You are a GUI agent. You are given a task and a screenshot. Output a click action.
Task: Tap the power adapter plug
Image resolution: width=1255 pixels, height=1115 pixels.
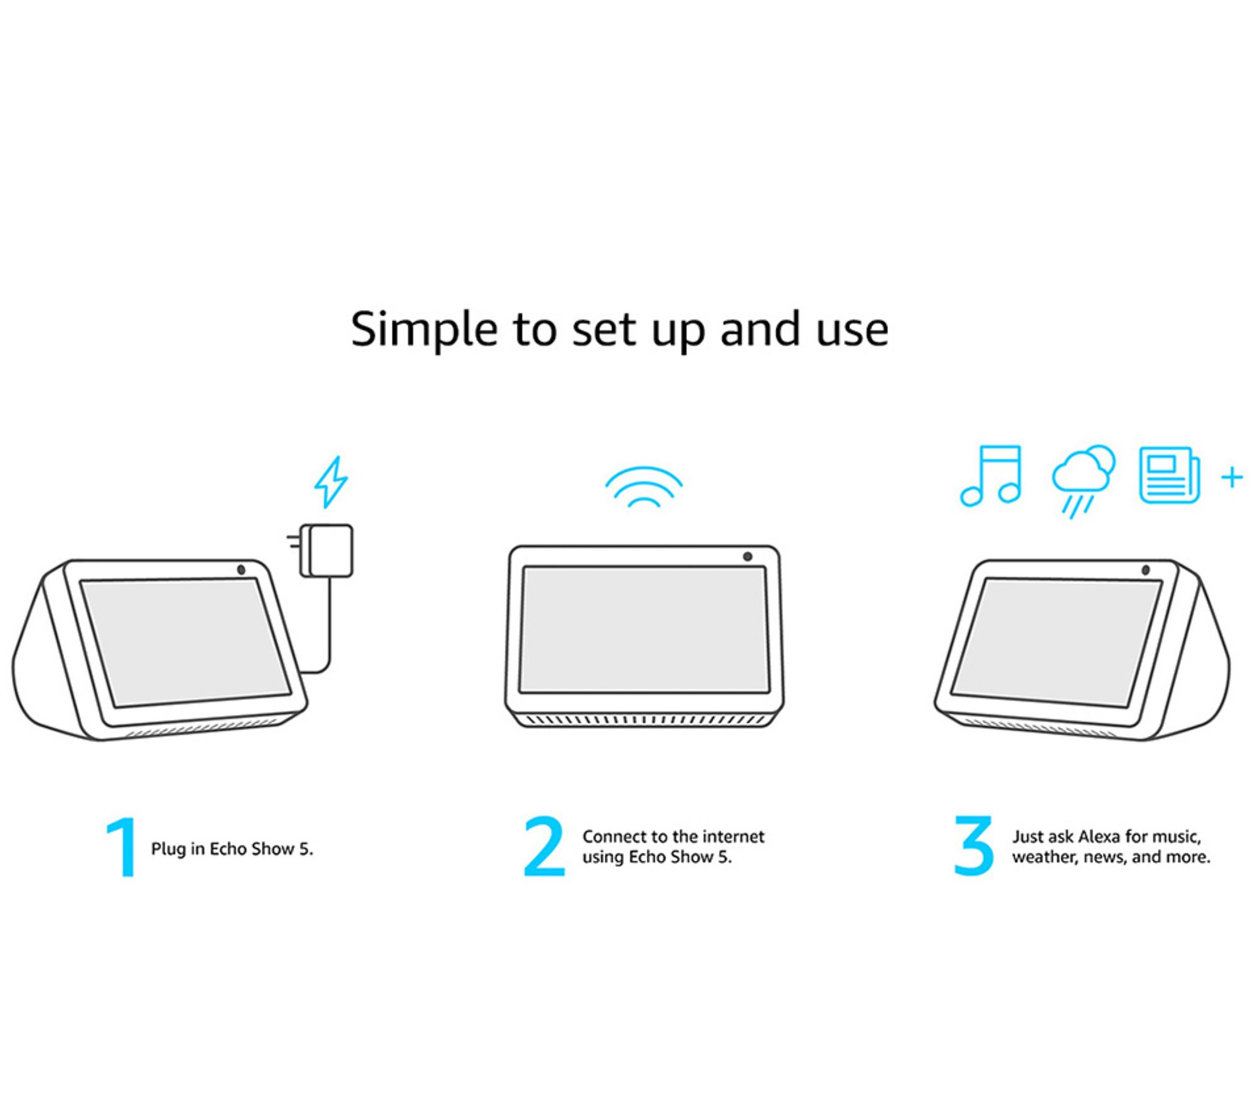[x=321, y=550]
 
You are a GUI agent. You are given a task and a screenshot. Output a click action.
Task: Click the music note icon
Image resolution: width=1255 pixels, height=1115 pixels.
[x=991, y=476]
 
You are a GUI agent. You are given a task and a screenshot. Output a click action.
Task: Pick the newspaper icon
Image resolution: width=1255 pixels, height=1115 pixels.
[x=1169, y=475]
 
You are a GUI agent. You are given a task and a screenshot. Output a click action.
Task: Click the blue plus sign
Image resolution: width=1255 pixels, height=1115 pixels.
[x=1232, y=477]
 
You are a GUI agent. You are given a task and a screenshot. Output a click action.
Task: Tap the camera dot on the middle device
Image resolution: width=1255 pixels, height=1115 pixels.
[x=747, y=556]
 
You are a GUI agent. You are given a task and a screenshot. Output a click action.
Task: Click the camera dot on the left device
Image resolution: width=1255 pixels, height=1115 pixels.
[x=242, y=570]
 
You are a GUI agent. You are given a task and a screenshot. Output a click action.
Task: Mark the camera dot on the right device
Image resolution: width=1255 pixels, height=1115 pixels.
[x=1145, y=570]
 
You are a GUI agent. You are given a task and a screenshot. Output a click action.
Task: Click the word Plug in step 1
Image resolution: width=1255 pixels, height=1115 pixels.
[x=168, y=849]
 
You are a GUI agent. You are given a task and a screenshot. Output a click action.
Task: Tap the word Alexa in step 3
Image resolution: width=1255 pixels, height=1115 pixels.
[x=1099, y=837]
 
